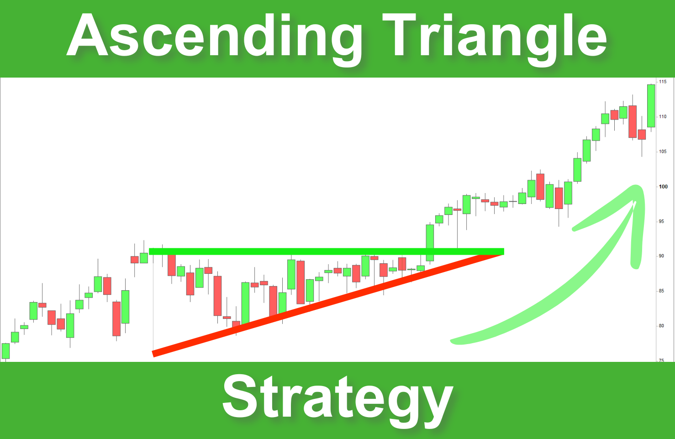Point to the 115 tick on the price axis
coord(662,82)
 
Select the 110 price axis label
coord(662,117)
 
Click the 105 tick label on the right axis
coord(662,152)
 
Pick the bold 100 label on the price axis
coord(663,187)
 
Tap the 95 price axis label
coord(661,221)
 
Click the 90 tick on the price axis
coord(661,256)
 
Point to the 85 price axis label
coord(661,291)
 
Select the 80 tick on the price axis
coord(661,326)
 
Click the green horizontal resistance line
coord(320,251)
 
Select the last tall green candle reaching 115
coord(651,106)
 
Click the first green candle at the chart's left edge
coord(5,350)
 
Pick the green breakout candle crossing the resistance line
coord(430,242)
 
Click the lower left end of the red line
coord(154,353)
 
